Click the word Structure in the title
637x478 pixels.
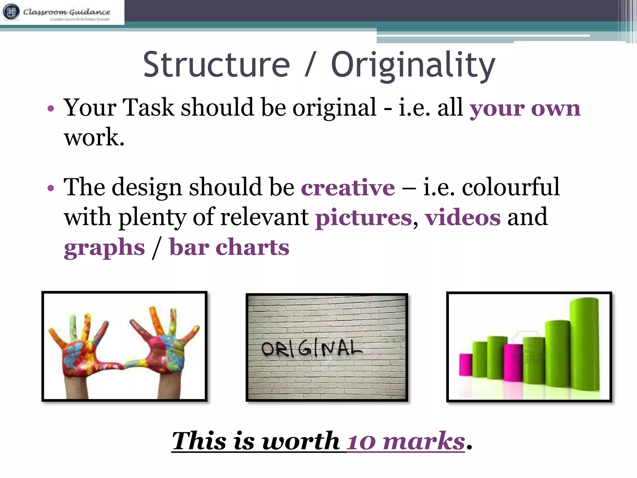216,64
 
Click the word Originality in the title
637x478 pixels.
413,65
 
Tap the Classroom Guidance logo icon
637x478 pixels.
11,12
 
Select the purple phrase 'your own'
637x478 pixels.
525,109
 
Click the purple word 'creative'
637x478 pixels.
348,188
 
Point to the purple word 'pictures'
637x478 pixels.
364,218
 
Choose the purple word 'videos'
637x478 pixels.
463,218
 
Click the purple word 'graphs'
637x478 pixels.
105,248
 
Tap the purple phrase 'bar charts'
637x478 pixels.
229,247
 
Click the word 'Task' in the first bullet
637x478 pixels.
148,108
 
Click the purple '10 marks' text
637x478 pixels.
406,441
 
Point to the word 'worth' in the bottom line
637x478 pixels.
301,441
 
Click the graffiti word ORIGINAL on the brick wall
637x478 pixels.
312,349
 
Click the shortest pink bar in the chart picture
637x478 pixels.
466,364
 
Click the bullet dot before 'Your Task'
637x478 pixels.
51,109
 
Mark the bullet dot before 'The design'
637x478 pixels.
51,188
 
